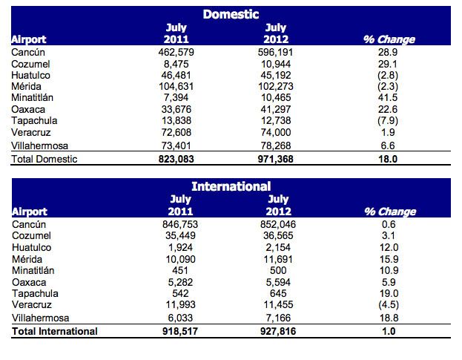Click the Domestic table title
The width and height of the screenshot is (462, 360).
pos(231,14)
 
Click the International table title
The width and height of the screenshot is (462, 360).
pos(231,186)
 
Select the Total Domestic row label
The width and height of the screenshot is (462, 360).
pos(45,159)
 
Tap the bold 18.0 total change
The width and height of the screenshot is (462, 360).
pos(389,159)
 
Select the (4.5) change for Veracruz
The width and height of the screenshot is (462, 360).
pos(389,304)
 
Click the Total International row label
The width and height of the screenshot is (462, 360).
pos(55,331)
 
